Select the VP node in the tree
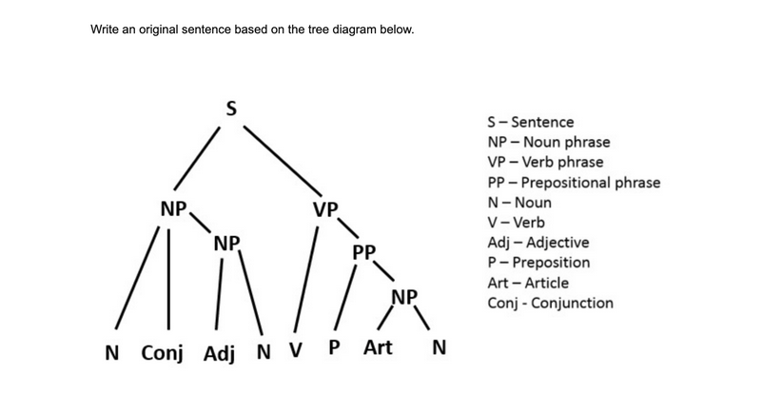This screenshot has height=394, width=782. coord(325,208)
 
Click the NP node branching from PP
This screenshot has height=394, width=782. coord(404,295)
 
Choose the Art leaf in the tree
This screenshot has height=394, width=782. coord(378,348)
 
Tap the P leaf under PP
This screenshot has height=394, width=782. coord(334,349)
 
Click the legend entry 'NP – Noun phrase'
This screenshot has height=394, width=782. coord(548,142)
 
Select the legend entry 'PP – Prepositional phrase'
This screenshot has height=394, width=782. coord(573,182)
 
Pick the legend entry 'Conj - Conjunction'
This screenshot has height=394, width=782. coord(550,303)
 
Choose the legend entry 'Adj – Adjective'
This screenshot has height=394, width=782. coord(538,242)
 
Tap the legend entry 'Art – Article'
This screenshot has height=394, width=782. coord(527,283)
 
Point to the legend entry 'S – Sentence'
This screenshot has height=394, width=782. coord(530,122)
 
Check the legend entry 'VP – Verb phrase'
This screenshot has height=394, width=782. coord(544,162)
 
